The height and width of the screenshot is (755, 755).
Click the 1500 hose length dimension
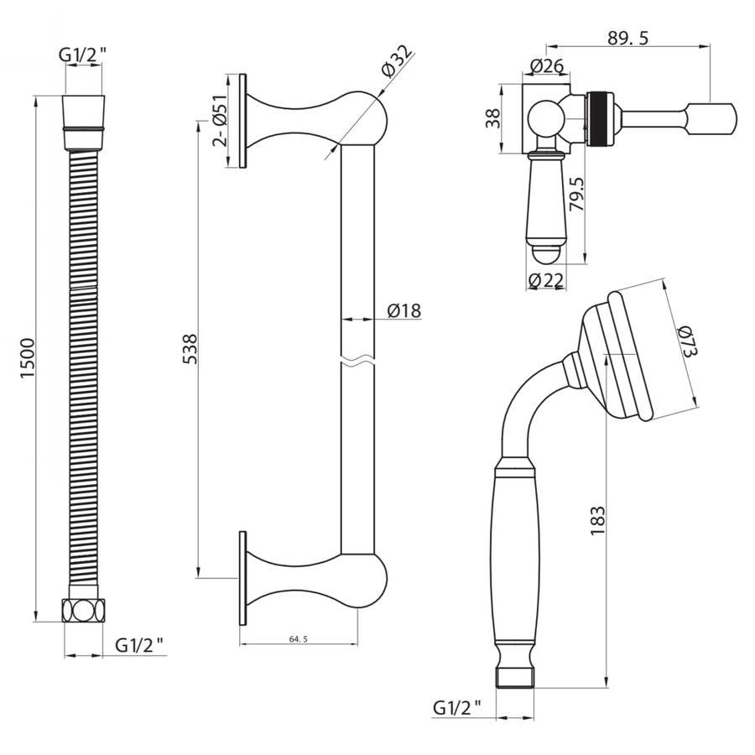(x=28, y=357)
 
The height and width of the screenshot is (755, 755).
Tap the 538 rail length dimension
(x=190, y=349)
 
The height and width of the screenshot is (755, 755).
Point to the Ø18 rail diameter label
(x=404, y=310)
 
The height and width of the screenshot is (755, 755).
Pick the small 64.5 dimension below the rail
(x=299, y=639)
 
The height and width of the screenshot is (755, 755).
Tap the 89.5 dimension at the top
(x=627, y=38)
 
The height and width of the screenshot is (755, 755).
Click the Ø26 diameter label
(x=546, y=65)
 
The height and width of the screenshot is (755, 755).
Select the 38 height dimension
(x=493, y=118)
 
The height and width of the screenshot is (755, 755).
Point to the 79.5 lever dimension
(x=576, y=193)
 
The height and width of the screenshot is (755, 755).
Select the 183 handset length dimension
(x=597, y=520)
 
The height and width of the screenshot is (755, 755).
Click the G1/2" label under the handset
(x=456, y=707)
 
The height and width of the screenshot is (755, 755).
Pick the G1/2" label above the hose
(x=82, y=55)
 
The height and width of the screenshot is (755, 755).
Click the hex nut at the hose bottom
(x=83, y=610)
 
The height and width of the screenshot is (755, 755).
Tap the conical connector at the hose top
(x=84, y=122)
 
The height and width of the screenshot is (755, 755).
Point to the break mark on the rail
(x=357, y=360)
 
